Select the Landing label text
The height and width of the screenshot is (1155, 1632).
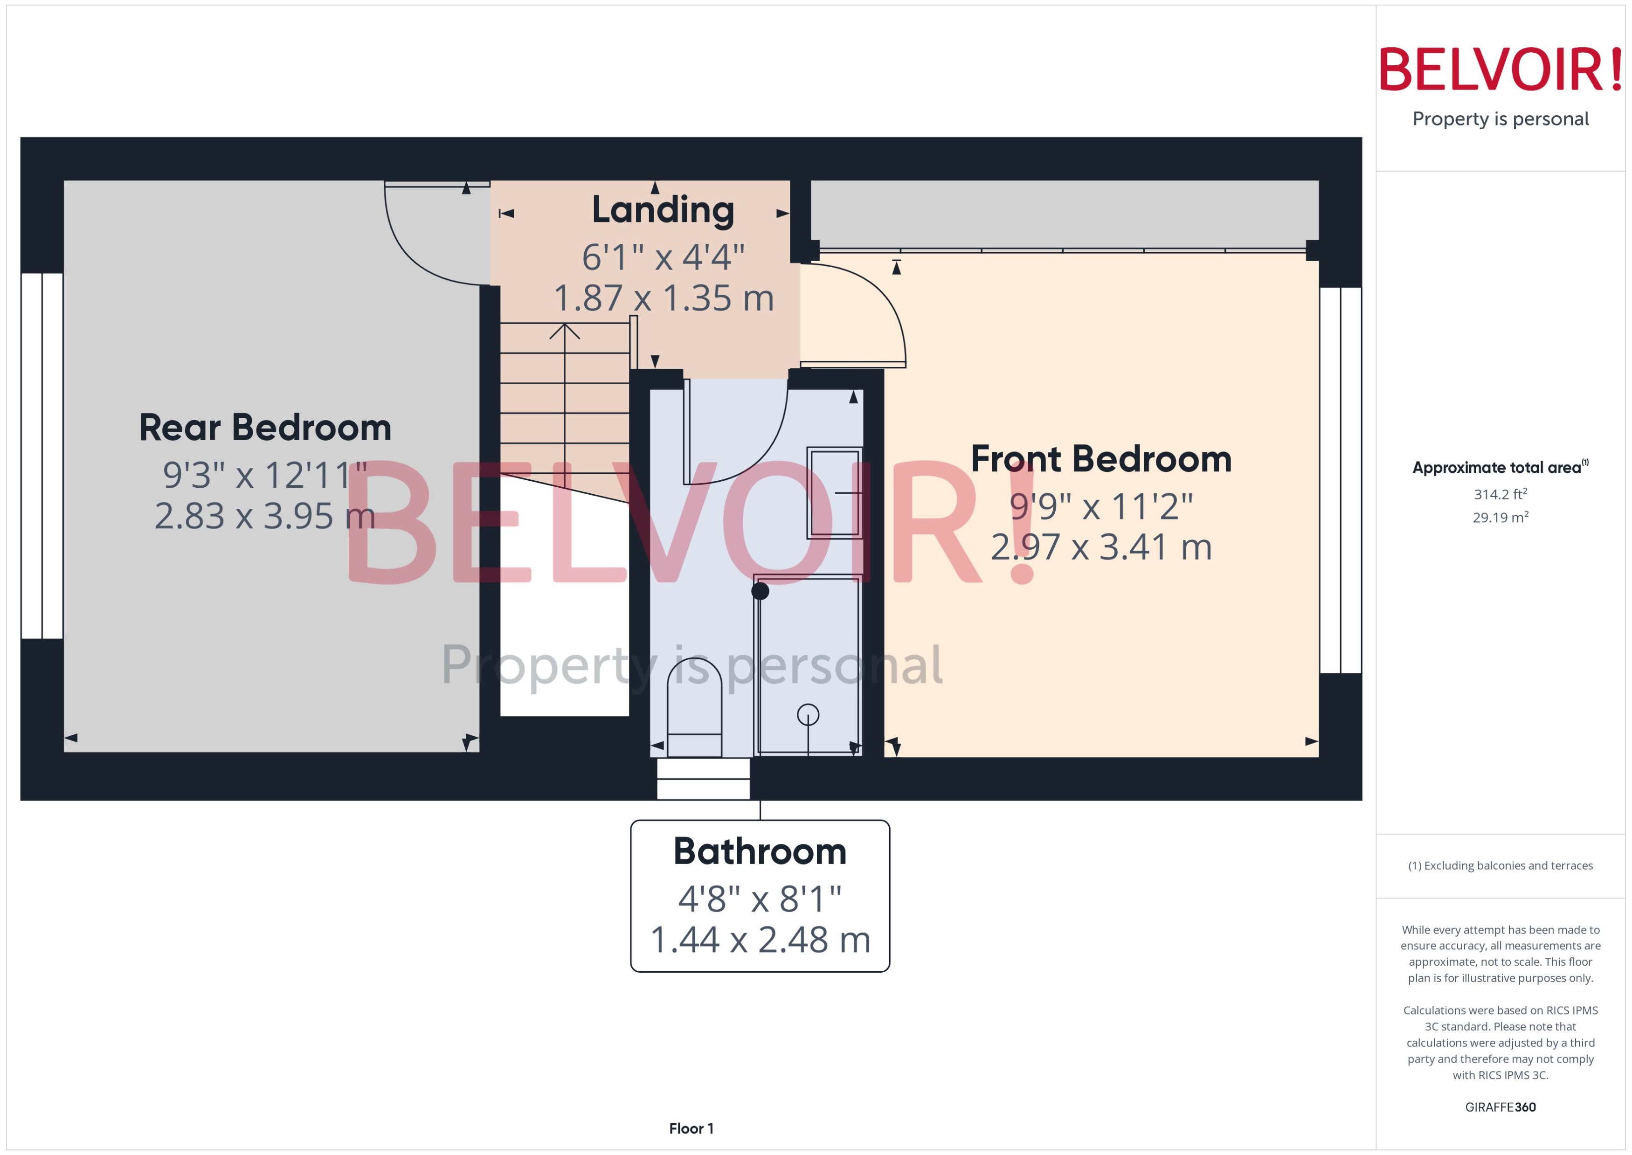pyautogui.click(x=663, y=210)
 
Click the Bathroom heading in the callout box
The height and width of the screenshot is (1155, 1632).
pyautogui.click(x=760, y=851)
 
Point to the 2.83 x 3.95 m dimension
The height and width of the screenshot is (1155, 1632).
pyautogui.click(x=264, y=516)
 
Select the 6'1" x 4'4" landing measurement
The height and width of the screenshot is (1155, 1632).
pyautogui.click(x=663, y=257)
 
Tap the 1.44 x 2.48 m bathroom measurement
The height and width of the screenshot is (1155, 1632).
pyautogui.click(x=760, y=940)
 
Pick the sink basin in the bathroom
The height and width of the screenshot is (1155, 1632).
pyautogui.click(x=833, y=492)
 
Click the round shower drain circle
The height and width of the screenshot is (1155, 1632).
pyautogui.click(x=808, y=714)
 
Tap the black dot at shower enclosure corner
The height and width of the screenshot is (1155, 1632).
pyautogui.click(x=760, y=591)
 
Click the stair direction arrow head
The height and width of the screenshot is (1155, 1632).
pyautogui.click(x=565, y=330)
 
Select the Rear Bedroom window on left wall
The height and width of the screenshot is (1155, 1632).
pyautogui.click(x=42, y=455)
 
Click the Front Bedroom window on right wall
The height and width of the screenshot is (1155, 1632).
pyautogui.click(x=1340, y=480)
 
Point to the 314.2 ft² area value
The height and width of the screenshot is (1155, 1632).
pyautogui.click(x=1500, y=494)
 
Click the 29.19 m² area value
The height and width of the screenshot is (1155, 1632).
pyautogui.click(x=1500, y=518)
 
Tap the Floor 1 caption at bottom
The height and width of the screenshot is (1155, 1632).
pyautogui.click(x=691, y=1128)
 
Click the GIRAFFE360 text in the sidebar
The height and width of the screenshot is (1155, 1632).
pyautogui.click(x=1500, y=1107)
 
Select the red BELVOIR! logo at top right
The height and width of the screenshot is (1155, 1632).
pyautogui.click(x=1500, y=69)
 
